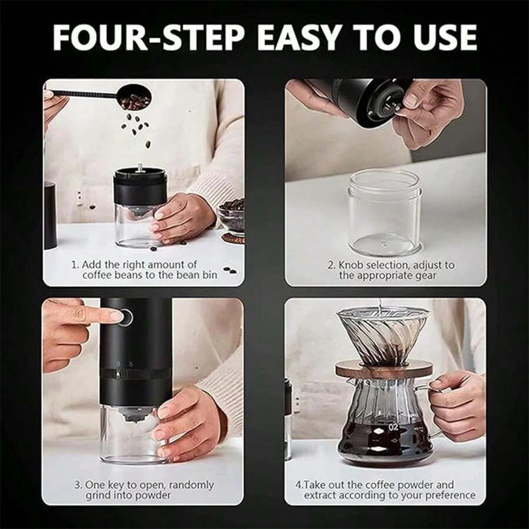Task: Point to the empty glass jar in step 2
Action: click(x=385, y=212)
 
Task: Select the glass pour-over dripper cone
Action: click(x=382, y=333)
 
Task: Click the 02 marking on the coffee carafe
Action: click(x=394, y=426)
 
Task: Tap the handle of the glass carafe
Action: click(x=434, y=413)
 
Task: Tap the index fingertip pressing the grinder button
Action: click(x=115, y=316)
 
